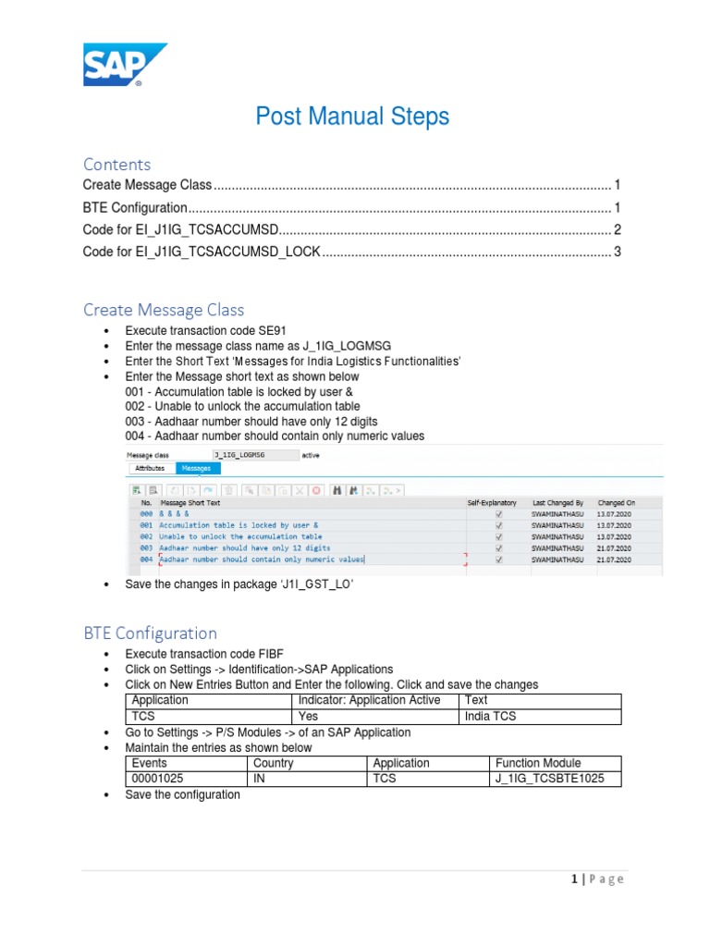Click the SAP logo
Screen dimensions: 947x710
125,65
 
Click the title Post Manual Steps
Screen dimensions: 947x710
352,117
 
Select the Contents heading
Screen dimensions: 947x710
116,164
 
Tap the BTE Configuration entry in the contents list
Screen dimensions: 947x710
135,208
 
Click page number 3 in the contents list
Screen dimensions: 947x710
617,252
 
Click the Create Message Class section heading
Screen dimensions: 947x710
164,309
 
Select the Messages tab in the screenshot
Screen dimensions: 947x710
195,469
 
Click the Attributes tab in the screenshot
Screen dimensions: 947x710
150,469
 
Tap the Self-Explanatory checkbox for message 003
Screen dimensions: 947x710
499,547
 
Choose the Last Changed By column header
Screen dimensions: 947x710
557,502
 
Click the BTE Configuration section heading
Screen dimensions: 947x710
150,633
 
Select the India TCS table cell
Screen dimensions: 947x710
492,716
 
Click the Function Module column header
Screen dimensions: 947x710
538,763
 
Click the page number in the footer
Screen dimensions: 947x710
574,879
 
